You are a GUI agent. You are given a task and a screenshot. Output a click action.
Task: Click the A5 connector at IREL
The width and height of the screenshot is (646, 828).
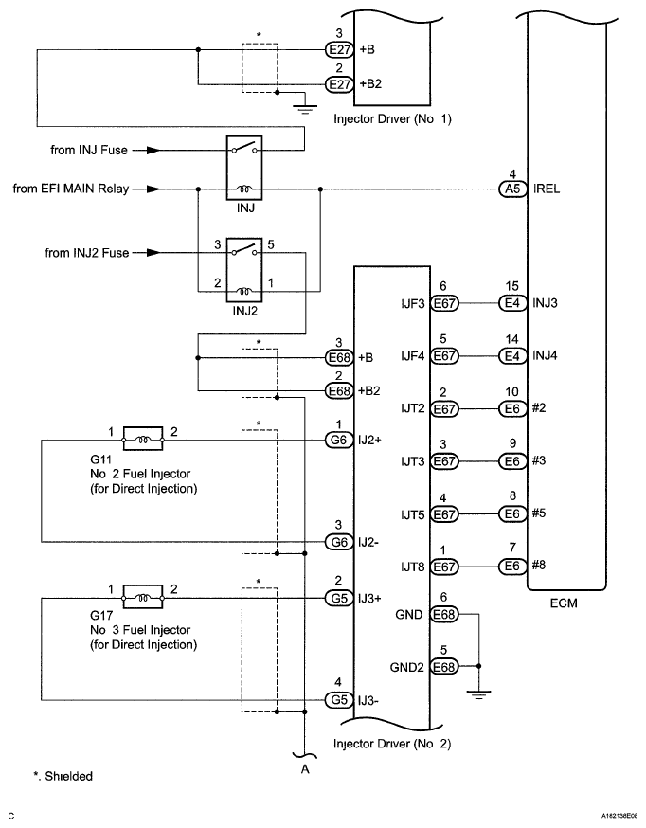click(511, 189)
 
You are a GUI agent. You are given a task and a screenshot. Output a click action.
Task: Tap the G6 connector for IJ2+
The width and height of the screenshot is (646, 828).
click(338, 441)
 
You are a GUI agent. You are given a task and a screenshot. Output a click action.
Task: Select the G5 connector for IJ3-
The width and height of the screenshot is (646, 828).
click(338, 701)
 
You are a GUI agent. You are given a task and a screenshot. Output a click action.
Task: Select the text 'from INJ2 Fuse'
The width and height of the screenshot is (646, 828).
click(91, 253)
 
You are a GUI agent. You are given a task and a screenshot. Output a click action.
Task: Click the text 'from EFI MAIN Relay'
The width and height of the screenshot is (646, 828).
click(71, 189)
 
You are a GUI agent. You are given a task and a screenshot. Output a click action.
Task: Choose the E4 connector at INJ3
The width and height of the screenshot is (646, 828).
click(511, 304)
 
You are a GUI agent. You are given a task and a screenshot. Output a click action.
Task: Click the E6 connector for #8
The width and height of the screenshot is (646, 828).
click(511, 567)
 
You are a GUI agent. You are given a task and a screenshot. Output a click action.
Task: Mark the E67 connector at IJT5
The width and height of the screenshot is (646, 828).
click(444, 513)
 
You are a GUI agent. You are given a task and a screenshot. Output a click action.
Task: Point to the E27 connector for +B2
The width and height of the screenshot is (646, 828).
click(339, 83)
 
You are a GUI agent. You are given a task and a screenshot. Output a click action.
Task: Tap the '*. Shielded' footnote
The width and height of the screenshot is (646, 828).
click(63, 776)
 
